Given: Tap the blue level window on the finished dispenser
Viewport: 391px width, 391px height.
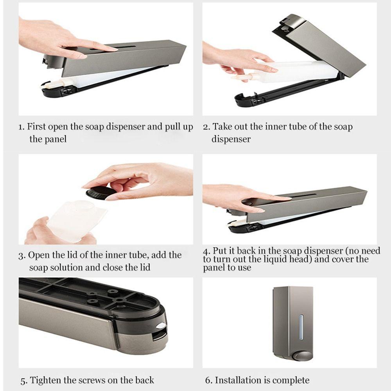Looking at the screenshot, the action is [x=301, y=327].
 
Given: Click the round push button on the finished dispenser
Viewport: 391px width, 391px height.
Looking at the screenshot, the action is [x=302, y=355].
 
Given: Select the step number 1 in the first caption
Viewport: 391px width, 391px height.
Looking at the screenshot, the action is [x=22, y=127].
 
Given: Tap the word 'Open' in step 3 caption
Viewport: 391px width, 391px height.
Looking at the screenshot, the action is [x=38, y=255].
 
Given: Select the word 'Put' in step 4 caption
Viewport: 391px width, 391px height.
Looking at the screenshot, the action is [x=219, y=250].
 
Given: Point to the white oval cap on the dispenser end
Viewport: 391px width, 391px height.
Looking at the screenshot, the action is [x=161, y=325].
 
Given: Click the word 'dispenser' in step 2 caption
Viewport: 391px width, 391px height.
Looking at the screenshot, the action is [x=231, y=139].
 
